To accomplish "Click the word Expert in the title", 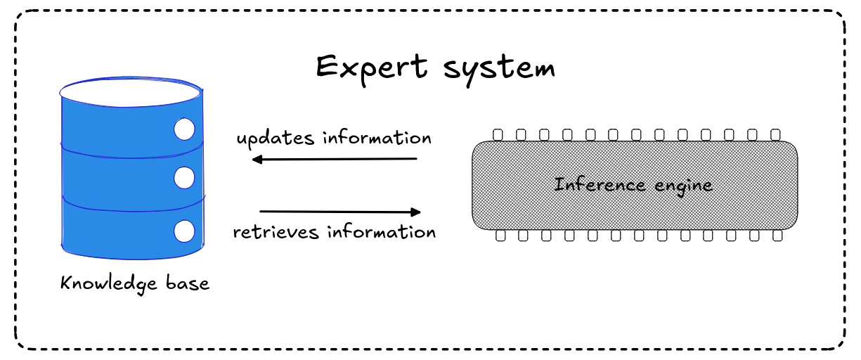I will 371,67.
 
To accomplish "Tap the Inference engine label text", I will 633,185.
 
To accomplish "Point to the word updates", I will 275,138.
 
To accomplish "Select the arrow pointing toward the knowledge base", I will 334,159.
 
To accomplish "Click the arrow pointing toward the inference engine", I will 340,212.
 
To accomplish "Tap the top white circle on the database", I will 184,129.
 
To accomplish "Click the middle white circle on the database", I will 184,178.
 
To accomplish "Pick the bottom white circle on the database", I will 184,231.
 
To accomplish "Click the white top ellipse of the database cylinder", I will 131,92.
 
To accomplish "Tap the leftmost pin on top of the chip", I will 498,134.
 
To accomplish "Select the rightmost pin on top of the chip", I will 775,134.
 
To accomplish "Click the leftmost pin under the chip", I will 500,236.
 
